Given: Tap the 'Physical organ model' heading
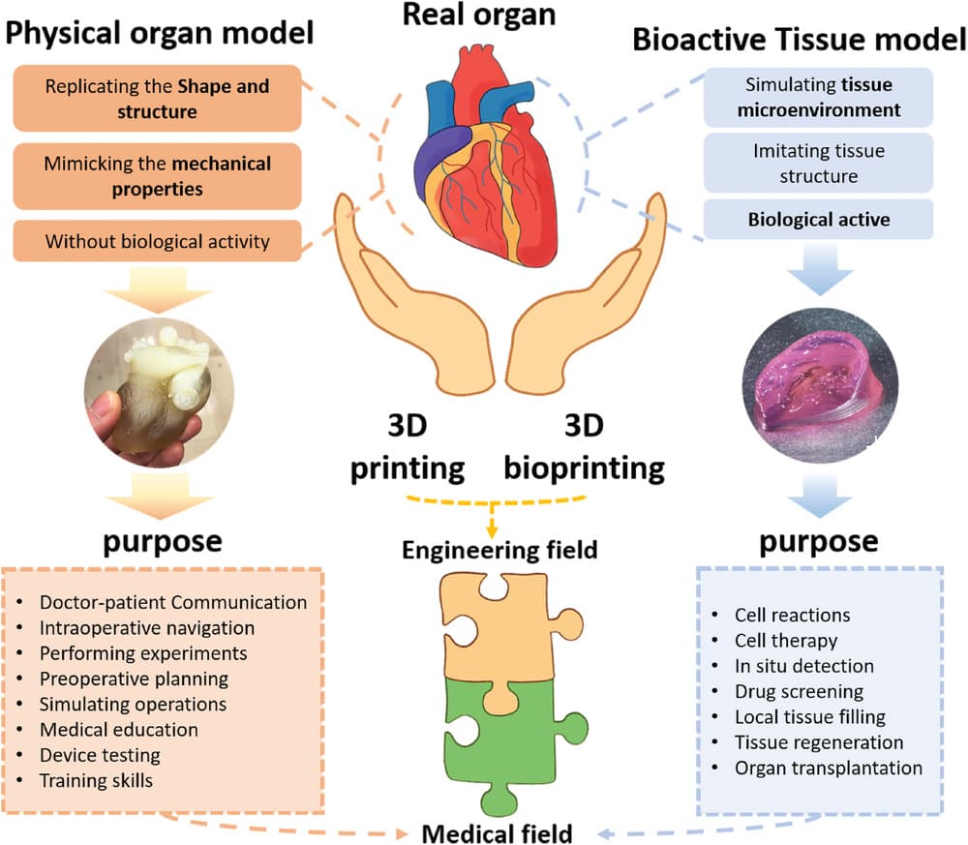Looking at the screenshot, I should [162, 36].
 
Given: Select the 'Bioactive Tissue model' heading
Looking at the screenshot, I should [800, 41].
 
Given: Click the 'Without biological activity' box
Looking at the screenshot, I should [157, 241].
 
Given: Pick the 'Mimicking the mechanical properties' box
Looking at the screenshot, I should [157, 175].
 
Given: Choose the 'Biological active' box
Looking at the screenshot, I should [819, 220].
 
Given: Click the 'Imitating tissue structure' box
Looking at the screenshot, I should [819, 164].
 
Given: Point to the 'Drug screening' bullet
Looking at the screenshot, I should [799, 691].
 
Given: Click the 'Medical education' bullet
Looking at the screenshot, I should [118, 729].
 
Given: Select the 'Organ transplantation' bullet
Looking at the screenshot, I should [828, 768].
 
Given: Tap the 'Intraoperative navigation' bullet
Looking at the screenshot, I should [146, 627].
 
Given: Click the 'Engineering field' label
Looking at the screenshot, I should [500, 550].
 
